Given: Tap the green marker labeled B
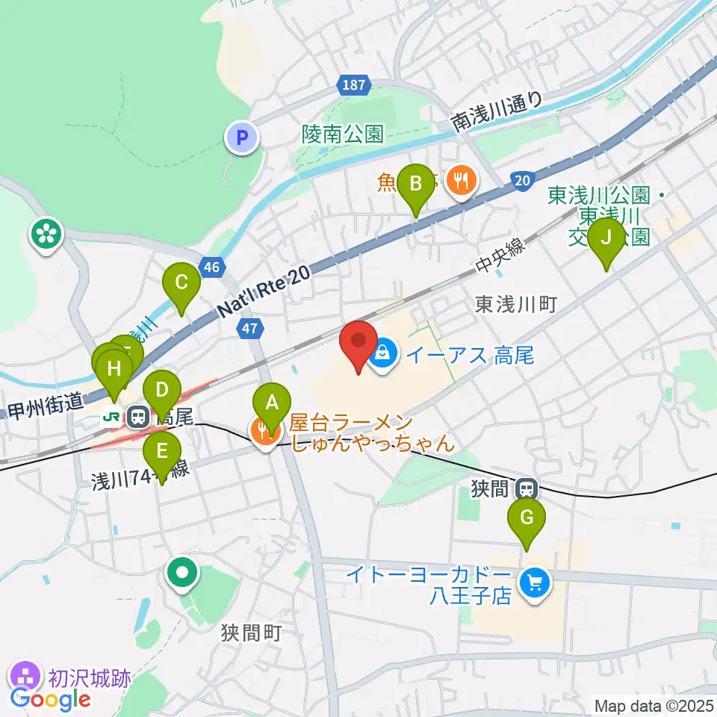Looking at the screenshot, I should pyautogui.click(x=415, y=184).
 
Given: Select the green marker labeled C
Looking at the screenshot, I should pyautogui.click(x=181, y=283).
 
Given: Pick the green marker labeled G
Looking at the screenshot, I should pyautogui.click(x=527, y=518).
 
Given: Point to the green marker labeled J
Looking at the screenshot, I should pyautogui.click(x=606, y=238).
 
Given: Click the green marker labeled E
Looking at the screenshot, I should pyautogui.click(x=161, y=452).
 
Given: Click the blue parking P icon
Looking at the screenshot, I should pyautogui.click(x=241, y=137).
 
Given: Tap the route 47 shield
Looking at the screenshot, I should pyautogui.click(x=250, y=327).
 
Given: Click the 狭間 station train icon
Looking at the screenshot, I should pyautogui.click(x=527, y=489).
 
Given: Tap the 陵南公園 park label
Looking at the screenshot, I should pyautogui.click(x=343, y=134).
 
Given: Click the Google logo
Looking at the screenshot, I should pyautogui.click(x=50, y=699).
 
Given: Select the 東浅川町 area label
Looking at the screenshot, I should pyautogui.click(x=516, y=304).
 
